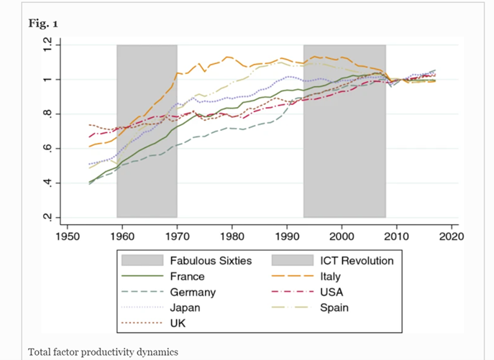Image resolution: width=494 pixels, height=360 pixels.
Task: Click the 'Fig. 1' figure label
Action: (x=43, y=24)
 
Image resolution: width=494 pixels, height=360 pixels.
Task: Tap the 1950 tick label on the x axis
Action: (x=68, y=235)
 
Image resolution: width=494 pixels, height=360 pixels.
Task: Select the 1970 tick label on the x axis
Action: (x=177, y=235)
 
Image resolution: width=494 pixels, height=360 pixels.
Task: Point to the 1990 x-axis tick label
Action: (x=287, y=235)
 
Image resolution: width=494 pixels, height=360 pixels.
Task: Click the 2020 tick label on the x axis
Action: (x=451, y=235)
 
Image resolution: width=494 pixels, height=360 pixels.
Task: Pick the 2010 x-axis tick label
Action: (x=396, y=235)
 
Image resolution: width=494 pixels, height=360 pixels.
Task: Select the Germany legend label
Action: (x=192, y=292)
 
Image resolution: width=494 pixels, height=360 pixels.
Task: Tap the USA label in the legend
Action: (x=328, y=292)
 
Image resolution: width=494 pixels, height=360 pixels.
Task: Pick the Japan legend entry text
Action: (x=185, y=308)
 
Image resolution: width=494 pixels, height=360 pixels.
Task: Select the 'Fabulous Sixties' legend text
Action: (x=210, y=260)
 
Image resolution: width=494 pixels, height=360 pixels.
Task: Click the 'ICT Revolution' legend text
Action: (x=354, y=260)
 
